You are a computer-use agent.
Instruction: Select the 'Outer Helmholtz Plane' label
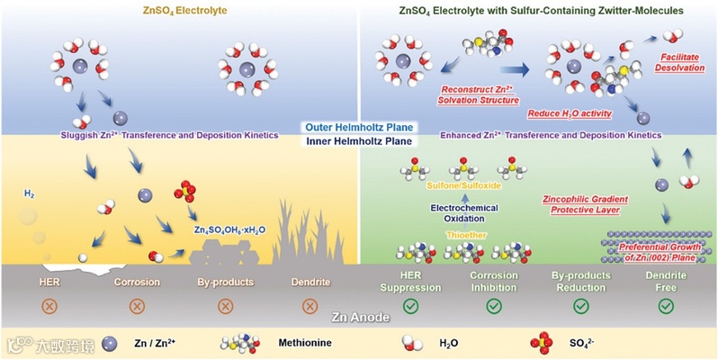(357, 127)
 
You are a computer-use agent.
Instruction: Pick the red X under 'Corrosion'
(137, 305)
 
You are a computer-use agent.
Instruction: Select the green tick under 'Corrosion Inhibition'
(494, 306)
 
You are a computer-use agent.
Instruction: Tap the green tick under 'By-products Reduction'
(580, 306)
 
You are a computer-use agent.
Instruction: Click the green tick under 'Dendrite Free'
(666, 306)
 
